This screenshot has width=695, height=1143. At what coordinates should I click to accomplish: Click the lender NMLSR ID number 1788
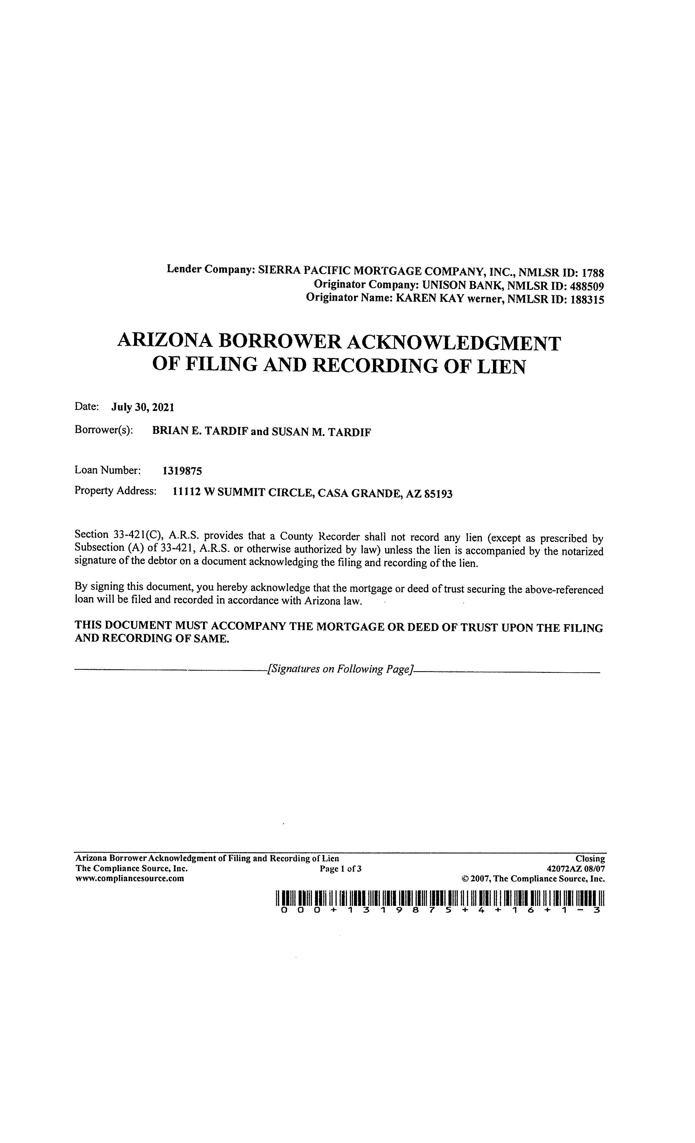[593, 273]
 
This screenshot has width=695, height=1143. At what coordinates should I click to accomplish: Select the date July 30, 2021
[142, 408]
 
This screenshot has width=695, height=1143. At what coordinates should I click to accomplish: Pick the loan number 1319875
[182, 471]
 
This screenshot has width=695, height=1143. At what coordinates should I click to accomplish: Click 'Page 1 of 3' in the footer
[340, 869]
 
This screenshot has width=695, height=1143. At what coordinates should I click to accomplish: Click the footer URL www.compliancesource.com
[129, 879]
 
